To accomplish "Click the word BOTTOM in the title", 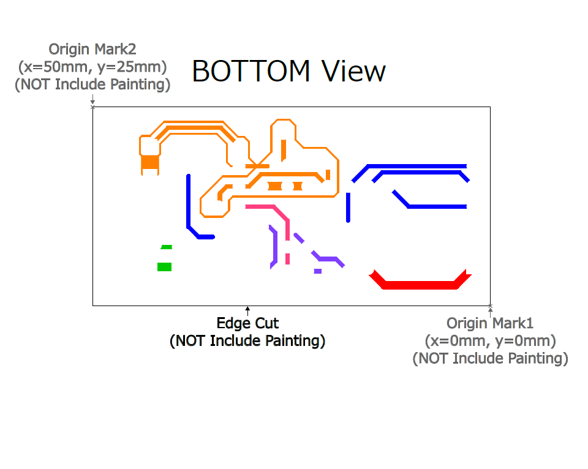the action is point(251,71).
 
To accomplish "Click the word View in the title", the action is point(353,71).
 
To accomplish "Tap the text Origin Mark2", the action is point(92,49).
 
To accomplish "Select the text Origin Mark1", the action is point(490,323).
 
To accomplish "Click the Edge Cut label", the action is point(247,323).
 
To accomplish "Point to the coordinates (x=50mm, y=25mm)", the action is point(92,67).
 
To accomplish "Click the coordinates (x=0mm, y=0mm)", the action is point(490,341).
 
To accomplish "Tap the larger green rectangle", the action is point(164,267).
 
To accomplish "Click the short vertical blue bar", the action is point(348,208).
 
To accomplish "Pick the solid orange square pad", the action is point(150,162).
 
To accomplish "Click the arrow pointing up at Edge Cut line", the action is point(247,311).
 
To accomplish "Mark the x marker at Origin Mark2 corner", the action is point(92,107).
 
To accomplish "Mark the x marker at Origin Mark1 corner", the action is point(490,306).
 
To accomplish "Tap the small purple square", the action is point(318,271).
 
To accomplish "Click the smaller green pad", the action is point(167,247).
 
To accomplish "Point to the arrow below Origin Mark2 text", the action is point(92,99).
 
